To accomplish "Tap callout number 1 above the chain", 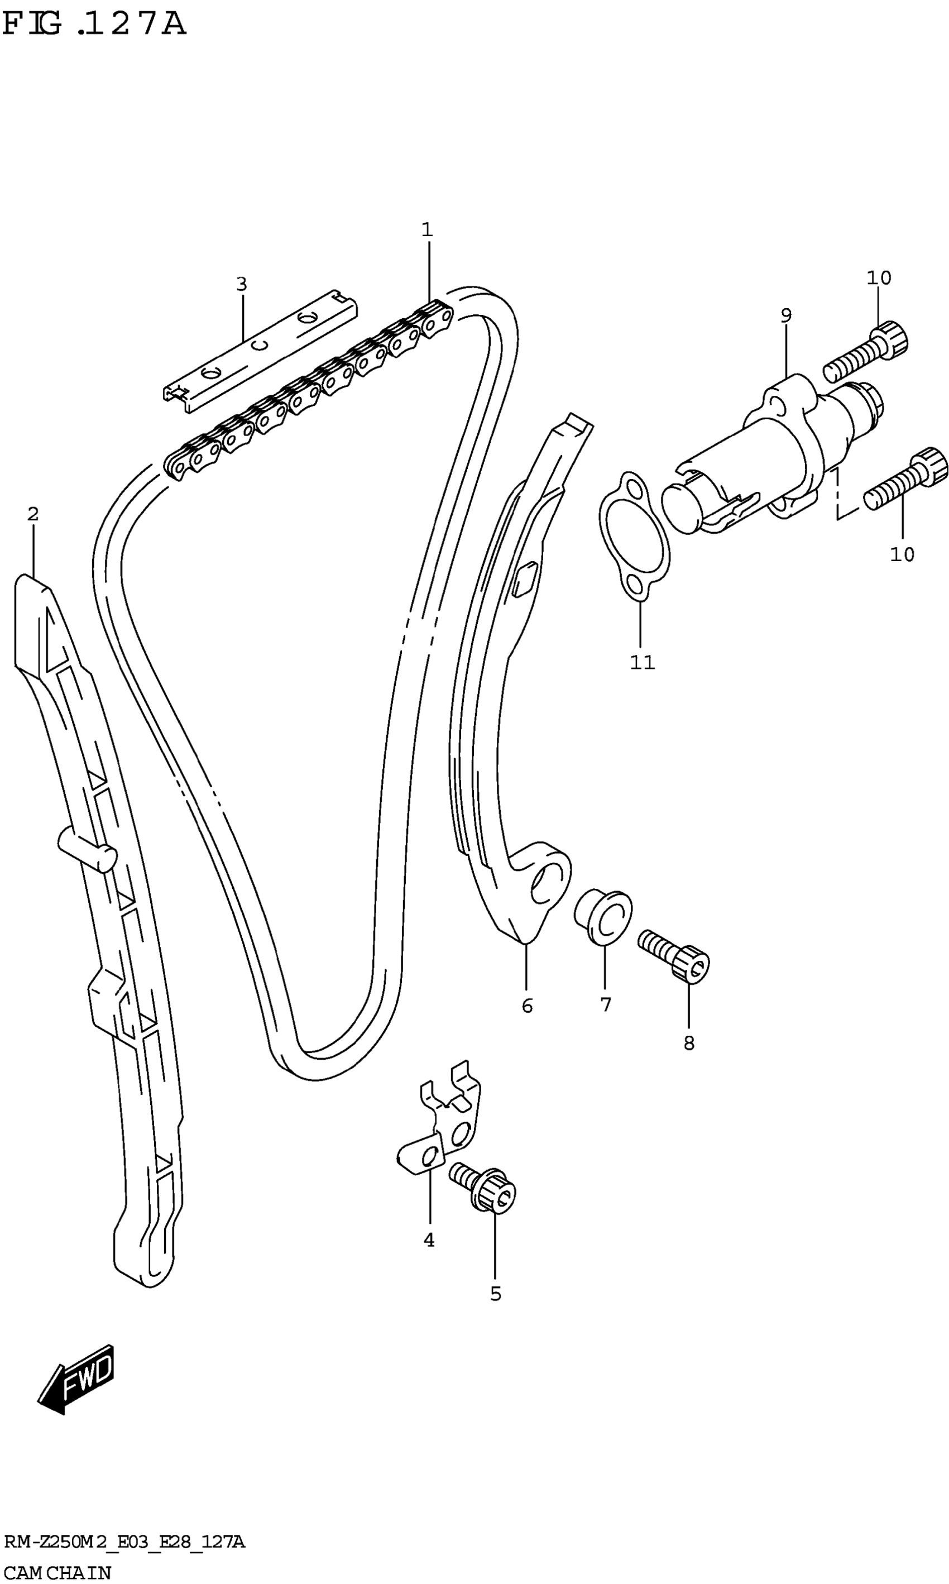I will (x=427, y=229).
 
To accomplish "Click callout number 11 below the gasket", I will (x=643, y=663).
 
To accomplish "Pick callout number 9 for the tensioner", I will (x=786, y=315).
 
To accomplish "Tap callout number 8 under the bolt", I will (x=689, y=1043).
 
